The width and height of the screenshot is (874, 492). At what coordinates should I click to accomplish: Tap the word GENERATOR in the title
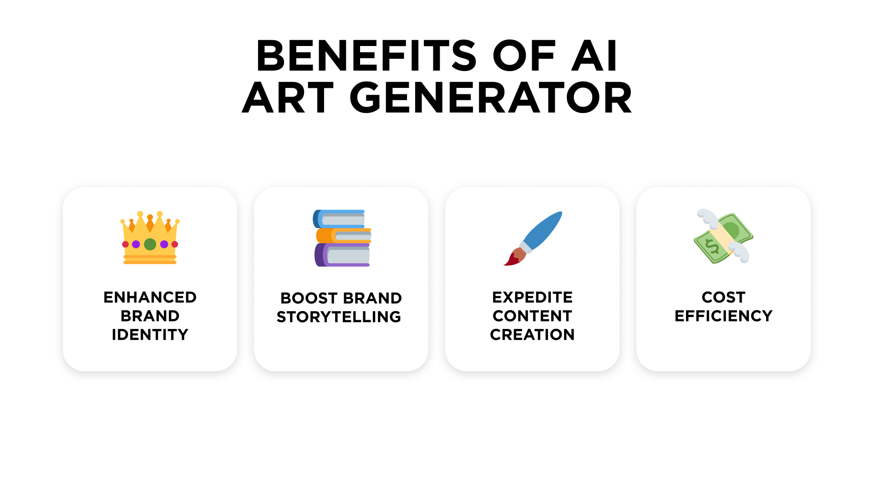(491, 98)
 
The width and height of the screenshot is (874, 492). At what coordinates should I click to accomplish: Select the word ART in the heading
(288, 98)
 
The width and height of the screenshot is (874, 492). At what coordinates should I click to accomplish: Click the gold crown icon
(150, 237)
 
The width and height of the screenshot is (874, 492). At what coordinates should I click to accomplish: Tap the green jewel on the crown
(150, 245)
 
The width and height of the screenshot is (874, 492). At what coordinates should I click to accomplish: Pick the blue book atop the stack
(339, 219)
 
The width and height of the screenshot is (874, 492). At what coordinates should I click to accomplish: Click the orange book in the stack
(344, 236)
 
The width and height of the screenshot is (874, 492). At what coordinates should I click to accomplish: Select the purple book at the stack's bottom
(342, 255)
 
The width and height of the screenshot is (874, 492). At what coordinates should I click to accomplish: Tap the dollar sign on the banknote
(712, 246)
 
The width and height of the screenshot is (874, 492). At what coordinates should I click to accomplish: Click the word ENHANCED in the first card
(150, 297)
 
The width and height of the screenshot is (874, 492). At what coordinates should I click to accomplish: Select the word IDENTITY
(150, 335)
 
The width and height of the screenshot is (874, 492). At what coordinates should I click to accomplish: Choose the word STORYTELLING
(339, 317)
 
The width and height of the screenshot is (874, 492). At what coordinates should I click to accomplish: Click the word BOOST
(309, 298)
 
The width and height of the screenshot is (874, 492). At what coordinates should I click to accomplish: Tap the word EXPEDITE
(532, 297)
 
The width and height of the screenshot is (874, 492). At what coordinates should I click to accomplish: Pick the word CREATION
(532, 335)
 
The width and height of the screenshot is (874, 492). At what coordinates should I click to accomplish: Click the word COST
(723, 297)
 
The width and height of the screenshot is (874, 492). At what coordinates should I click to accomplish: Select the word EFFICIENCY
(723, 316)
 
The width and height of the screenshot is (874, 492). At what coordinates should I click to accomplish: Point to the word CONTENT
(532, 316)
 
